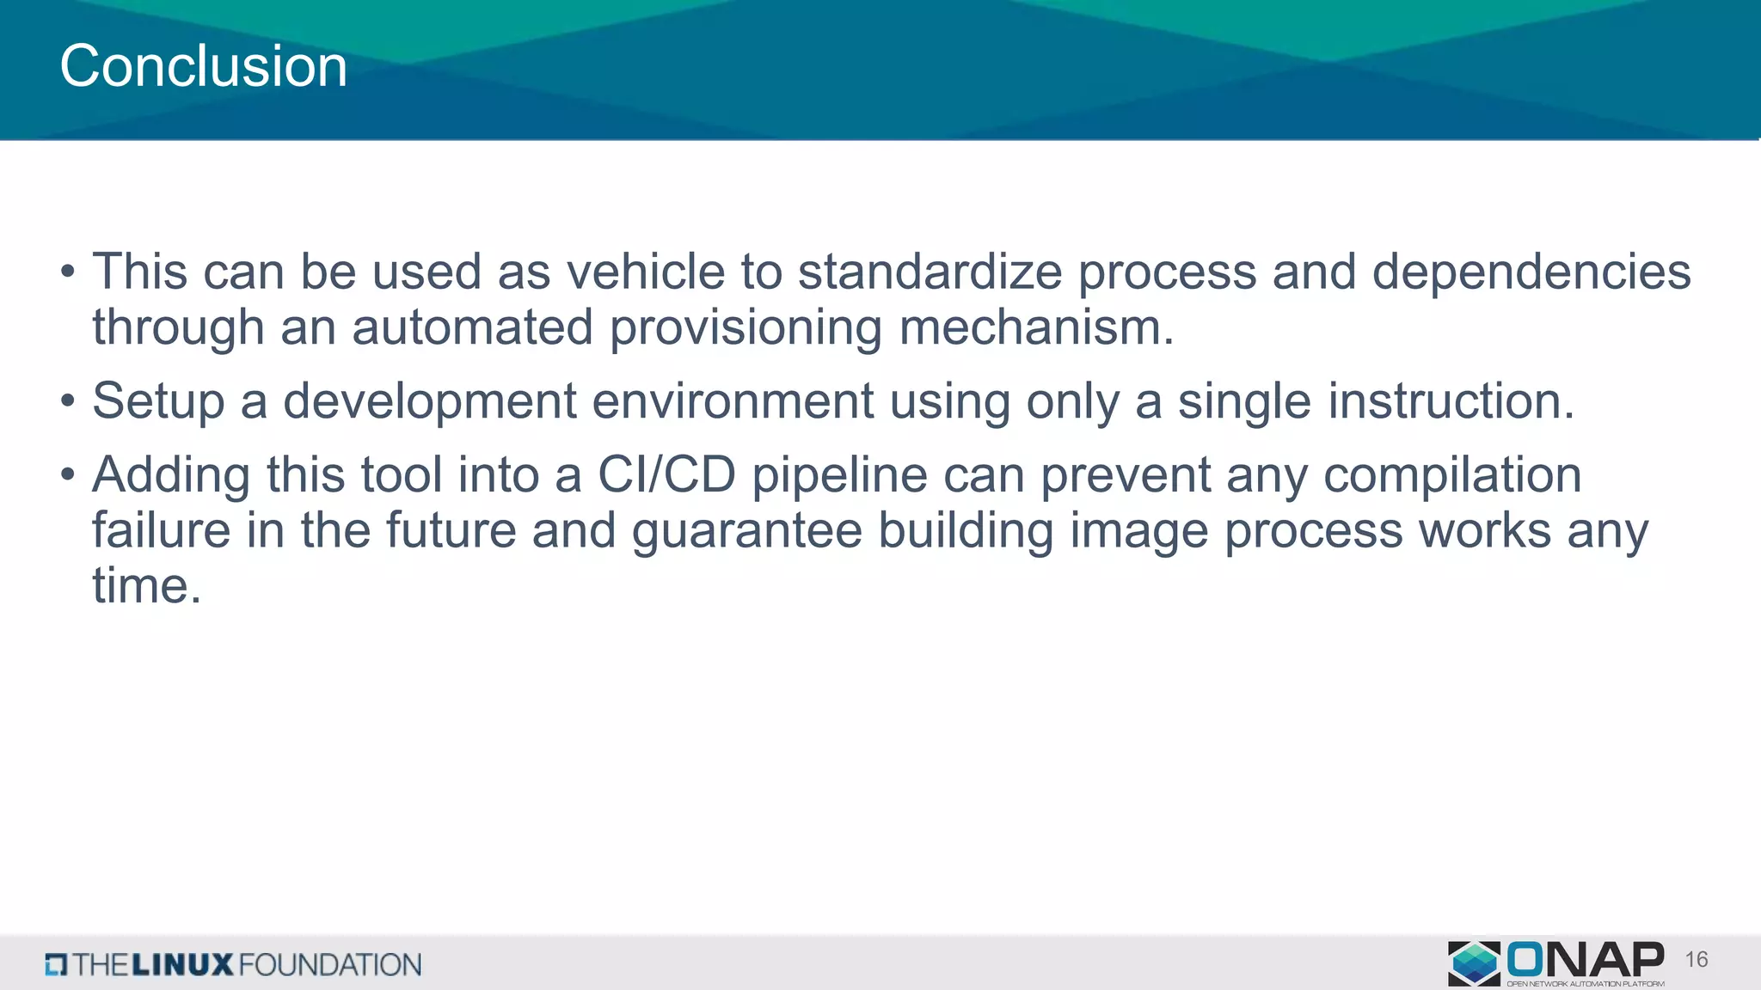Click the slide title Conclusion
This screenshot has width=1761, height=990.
(203, 66)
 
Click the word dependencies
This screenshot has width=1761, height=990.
(1531, 272)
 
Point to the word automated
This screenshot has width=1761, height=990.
(472, 328)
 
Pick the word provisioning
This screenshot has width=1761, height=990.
(746, 330)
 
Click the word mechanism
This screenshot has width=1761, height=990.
(1035, 328)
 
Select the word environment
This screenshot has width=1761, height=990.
(733, 401)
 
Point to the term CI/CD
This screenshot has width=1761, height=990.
(666, 475)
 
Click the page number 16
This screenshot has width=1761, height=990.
(1696, 960)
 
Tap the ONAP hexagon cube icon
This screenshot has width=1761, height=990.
(1474, 962)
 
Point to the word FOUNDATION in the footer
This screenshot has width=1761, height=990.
(330, 964)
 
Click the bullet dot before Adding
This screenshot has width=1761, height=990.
(68, 475)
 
